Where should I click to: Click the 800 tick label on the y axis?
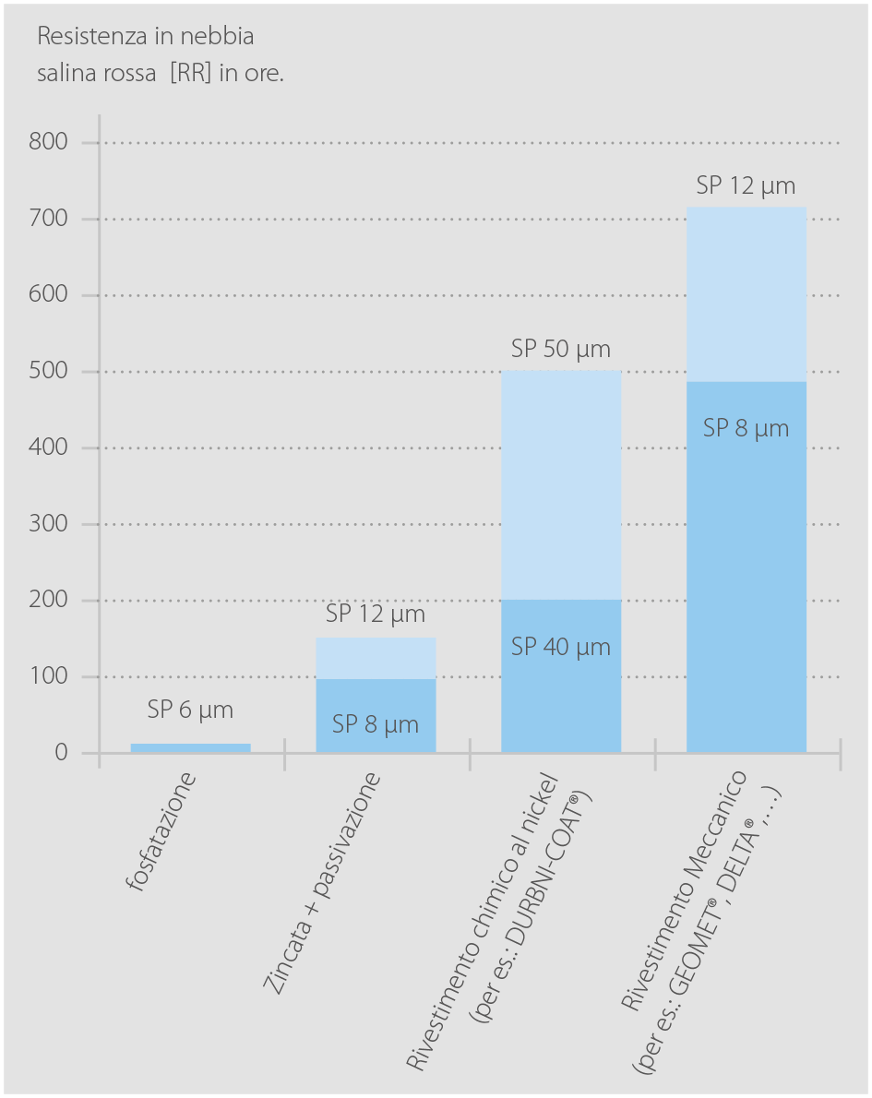pyautogui.click(x=49, y=142)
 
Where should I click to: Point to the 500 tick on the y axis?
pyautogui.click(x=49, y=371)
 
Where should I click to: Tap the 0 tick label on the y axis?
pyautogui.click(x=61, y=753)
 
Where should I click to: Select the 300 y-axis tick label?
pyautogui.click(x=49, y=524)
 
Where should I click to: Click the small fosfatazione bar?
pyautogui.click(x=190, y=748)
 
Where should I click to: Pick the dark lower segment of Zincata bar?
pyautogui.click(x=376, y=716)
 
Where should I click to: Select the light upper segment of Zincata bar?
pyautogui.click(x=376, y=658)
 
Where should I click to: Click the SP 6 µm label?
pyautogui.click(x=190, y=710)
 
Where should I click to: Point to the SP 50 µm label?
pyautogui.click(x=561, y=350)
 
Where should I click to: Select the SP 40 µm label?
pyautogui.click(x=561, y=647)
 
